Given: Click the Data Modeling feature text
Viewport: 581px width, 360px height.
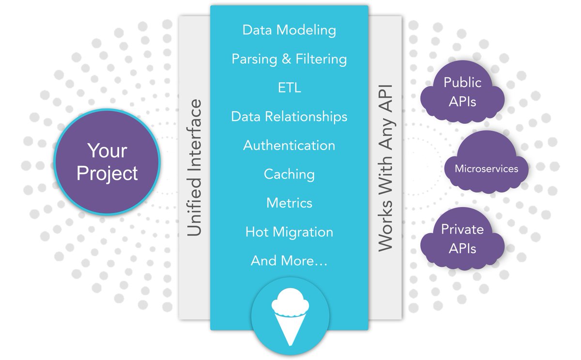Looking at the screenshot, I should pos(289,30).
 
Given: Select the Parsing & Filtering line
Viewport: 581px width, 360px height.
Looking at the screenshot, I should pos(289,59).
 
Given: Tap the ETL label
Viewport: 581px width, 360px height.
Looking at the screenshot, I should pos(289,88).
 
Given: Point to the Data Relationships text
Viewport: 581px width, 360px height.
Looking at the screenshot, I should pos(289,117).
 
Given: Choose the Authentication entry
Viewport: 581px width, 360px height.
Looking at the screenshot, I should pos(289,145).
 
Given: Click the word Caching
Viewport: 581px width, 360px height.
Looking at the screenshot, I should pos(289,174).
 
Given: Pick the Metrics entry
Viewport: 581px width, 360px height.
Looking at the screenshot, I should pos(289,203).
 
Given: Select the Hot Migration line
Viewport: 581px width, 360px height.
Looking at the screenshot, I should pos(289,232).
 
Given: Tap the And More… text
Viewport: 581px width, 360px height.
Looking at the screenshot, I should pos(289,261).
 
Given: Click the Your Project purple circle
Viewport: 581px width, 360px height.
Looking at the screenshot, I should pos(107,162).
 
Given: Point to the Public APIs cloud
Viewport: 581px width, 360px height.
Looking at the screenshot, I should pos(462,92).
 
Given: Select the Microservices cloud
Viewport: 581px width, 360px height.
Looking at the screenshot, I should pos(486,169).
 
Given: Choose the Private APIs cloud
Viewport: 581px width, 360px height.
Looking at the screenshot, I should pos(462,239).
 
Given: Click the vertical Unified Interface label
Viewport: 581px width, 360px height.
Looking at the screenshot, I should pos(194,168).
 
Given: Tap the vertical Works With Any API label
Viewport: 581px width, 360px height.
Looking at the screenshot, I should pos(385,168).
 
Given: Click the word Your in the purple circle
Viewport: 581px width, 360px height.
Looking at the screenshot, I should pos(107,150).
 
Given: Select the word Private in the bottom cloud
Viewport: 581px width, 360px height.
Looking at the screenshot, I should pos(462,229).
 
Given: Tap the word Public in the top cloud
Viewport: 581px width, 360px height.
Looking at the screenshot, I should pos(462,82).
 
